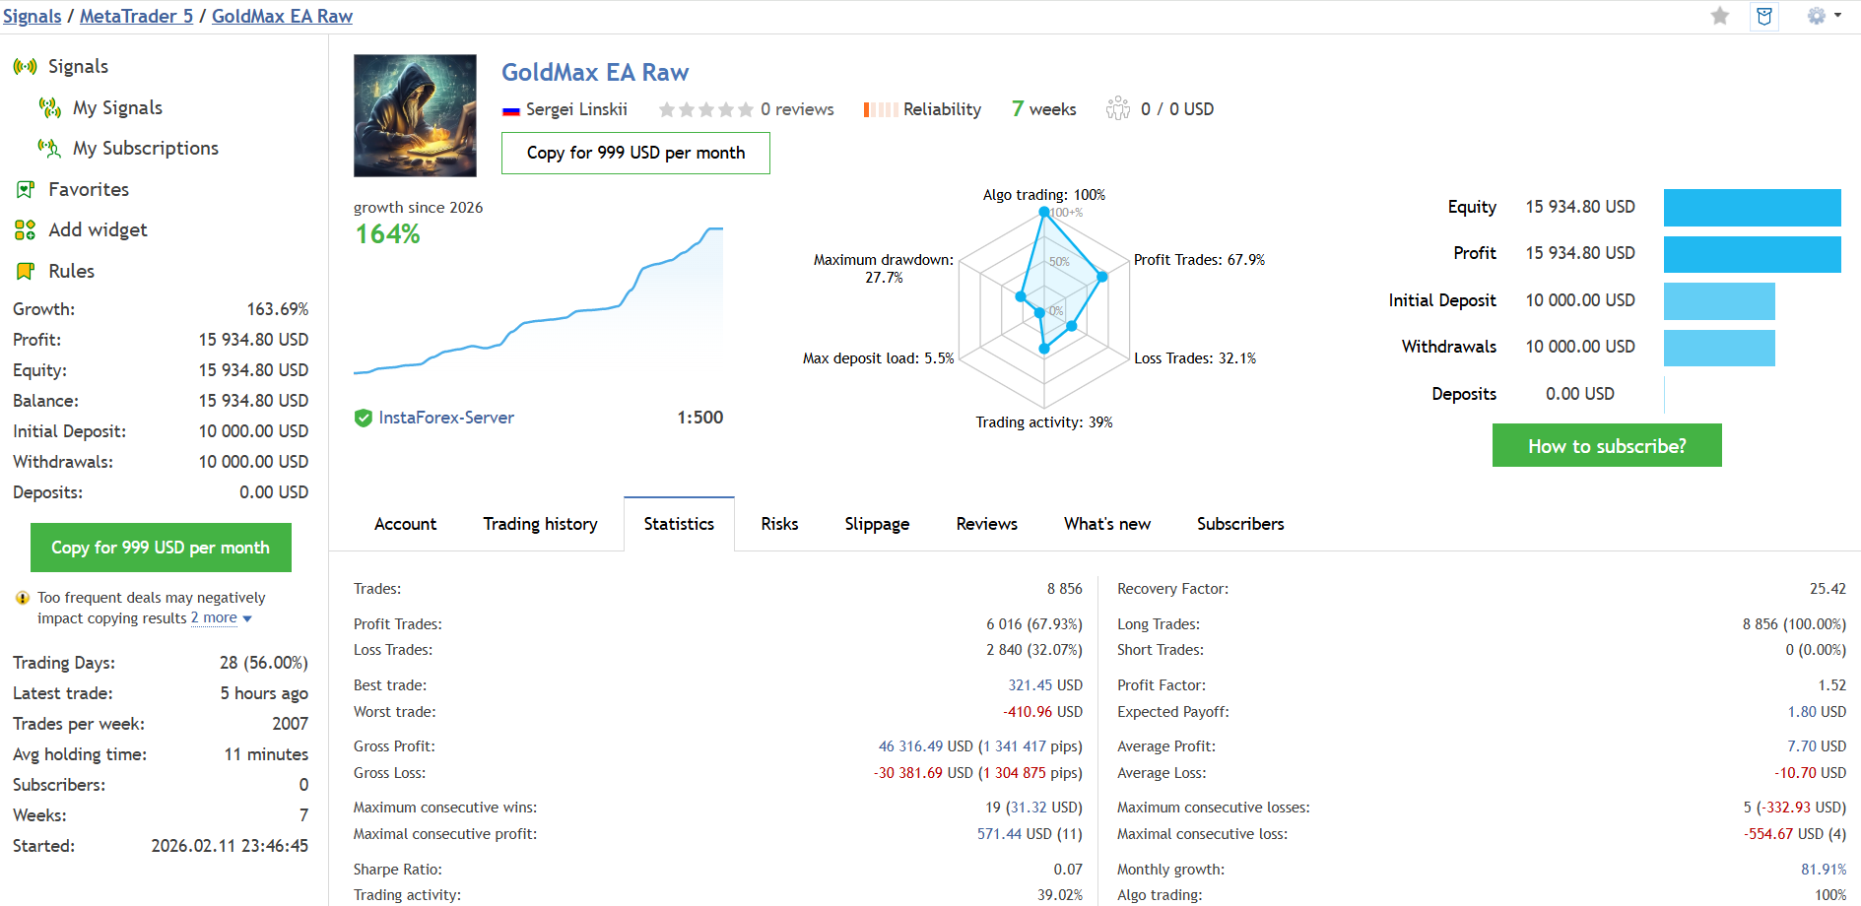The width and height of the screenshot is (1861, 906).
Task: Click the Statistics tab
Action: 679,524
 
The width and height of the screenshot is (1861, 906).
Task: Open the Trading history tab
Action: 540,524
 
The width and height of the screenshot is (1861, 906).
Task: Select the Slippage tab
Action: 877,524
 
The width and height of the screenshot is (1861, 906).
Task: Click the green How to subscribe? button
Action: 1606,446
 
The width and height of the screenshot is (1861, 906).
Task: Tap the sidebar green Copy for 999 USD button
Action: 161,548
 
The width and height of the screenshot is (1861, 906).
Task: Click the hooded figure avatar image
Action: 415,115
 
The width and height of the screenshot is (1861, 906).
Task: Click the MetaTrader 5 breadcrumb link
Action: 136,16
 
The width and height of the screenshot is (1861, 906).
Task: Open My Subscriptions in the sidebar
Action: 145,148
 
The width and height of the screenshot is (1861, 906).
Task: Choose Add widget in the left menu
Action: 98,229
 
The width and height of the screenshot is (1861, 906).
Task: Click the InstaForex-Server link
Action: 445,418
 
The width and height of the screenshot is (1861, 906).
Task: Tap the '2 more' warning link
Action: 215,618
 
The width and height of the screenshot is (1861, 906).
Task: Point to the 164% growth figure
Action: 387,234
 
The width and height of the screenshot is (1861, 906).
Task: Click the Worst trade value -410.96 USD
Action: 1042,712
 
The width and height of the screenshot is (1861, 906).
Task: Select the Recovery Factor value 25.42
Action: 1827,589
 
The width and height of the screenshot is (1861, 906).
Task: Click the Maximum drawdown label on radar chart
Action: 883,260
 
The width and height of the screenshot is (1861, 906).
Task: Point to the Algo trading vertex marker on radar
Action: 1044,212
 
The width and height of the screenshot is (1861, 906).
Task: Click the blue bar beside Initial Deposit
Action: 1718,301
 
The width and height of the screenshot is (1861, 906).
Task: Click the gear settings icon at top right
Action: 1817,16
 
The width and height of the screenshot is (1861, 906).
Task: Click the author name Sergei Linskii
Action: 576,109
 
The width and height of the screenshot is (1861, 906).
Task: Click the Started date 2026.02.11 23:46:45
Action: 230,846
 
